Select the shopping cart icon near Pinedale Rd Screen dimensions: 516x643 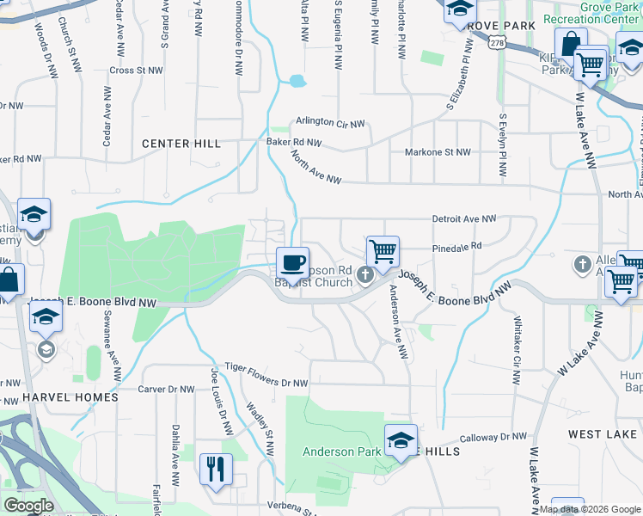coord(383,251)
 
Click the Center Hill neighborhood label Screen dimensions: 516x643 coord(181,144)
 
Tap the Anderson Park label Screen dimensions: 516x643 coord(340,451)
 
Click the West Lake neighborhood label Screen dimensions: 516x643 coord(603,434)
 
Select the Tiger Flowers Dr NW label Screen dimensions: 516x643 coord(266,375)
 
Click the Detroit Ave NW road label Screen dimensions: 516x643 coord(464,219)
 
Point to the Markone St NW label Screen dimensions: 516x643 coord(438,152)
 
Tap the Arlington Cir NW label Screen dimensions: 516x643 coord(331,121)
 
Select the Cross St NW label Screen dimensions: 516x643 coord(136,71)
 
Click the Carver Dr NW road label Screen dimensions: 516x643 coord(167,389)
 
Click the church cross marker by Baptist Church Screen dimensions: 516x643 coord(364,275)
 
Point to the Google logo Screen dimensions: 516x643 coord(28,506)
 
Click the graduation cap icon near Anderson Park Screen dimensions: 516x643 coord(400,440)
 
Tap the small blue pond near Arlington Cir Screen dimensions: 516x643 coord(297,82)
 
